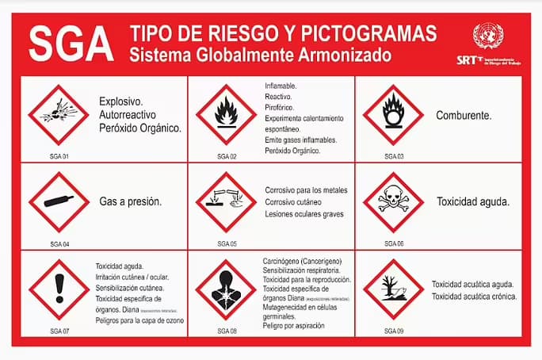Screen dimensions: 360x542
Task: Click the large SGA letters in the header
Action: pyautogui.click(x=70, y=43)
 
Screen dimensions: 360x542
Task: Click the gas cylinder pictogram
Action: pyautogui.click(x=59, y=201)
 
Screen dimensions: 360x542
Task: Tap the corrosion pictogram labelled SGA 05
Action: pyautogui.click(x=226, y=201)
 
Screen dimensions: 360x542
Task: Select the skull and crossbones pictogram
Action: pyautogui.click(x=393, y=201)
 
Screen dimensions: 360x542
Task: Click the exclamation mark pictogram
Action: pyautogui.click(x=59, y=289)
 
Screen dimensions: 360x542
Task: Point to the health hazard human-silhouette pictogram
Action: pyautogui.click(x=226, y=289)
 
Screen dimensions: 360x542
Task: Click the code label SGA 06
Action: pyautogui.click(x=394, y=243)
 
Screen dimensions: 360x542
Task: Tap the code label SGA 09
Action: pyautogui.click(x=394, y=331)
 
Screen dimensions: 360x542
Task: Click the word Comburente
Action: pyautogui.click(x=464, y=115)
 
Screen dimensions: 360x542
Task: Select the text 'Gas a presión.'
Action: pyautogui.click(x=130, y=201)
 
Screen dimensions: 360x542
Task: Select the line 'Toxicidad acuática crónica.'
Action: pyautogui.click(x=474, y=297)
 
